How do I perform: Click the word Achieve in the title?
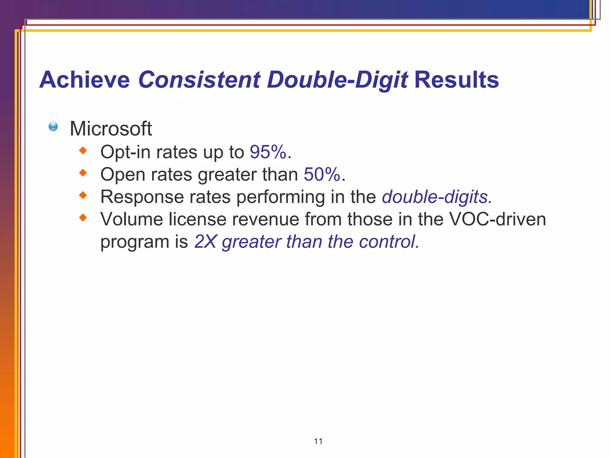(x=84, y=80)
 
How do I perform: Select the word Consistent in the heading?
(x=199, y=80)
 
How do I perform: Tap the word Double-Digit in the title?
(x=337, y=80)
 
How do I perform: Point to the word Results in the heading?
(x=456, y=80)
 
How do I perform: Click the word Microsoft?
(x=111, y=129)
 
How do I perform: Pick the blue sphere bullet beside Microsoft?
(x=53, y=126)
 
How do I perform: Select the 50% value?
(x=322, y=174)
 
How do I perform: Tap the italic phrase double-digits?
(x=437, y=197)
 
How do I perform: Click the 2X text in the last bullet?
(x=205, y=242)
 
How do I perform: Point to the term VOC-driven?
(x=497, y=219)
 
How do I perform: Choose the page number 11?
(x=318, y=441)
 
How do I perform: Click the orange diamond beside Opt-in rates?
(x=83, y=151)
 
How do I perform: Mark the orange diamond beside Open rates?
(x=83, y=173)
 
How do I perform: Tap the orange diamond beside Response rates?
(x=83, y=195)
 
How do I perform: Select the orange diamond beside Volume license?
(x=83, y=218)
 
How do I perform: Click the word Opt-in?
(x=125, y=152)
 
